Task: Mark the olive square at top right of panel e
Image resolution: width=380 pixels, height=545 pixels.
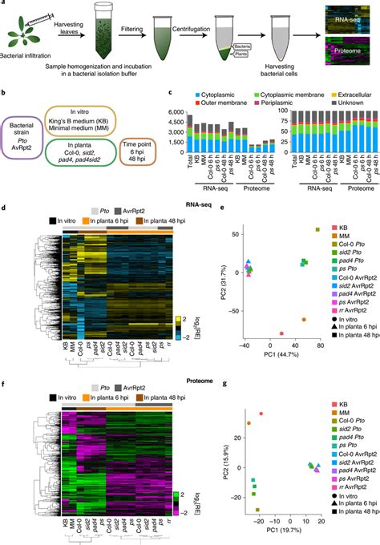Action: point(317,229)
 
